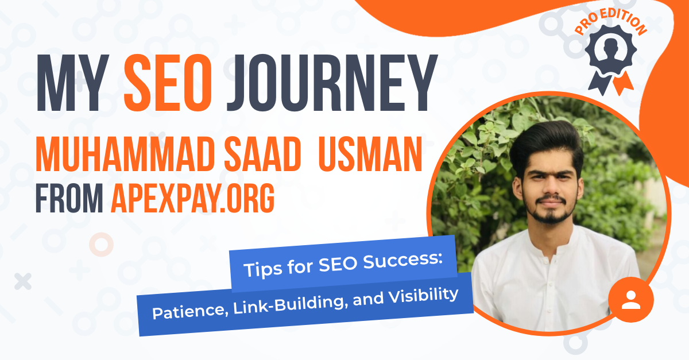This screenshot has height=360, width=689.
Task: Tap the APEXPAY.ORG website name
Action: click(192, 198)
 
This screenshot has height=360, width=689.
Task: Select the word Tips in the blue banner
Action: click(260, 270)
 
